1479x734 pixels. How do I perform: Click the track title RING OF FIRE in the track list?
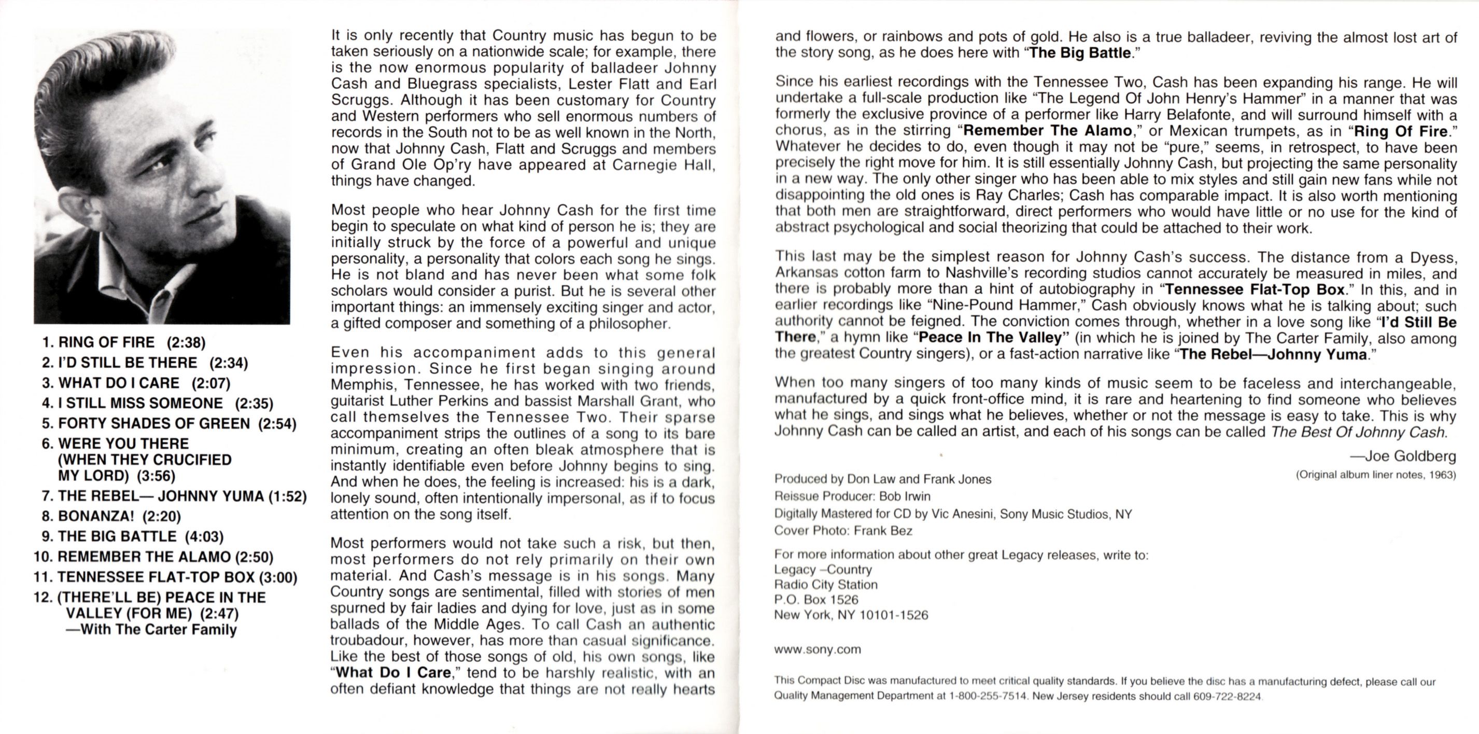point(106,343)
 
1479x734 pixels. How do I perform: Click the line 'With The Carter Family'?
point(151,629)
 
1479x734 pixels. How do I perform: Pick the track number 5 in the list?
point(47,424)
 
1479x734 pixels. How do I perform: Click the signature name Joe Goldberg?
point(1410,456)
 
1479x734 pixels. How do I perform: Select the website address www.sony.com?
point(818,649)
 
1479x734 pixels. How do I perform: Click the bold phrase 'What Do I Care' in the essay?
point(394,673)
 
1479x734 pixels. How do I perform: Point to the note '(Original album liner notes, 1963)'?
point(1376,475)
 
